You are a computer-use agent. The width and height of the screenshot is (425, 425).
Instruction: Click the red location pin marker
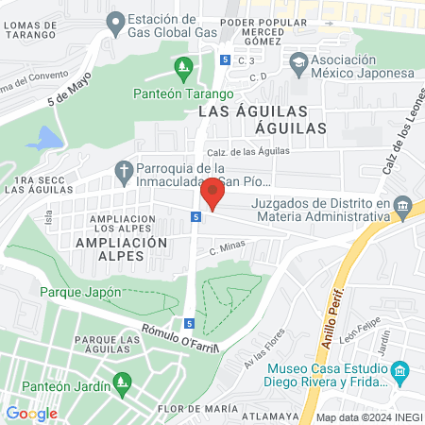point(212,194)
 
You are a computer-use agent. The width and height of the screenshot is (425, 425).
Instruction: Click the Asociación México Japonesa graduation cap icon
point(299,62)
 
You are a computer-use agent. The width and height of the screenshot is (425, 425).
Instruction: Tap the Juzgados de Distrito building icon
point(403,207)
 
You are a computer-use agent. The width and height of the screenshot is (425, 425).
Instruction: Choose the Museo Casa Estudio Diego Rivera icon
point(399,369)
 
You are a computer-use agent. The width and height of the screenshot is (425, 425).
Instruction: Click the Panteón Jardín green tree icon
point(121,382)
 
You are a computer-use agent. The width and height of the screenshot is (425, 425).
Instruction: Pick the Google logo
point(31,413)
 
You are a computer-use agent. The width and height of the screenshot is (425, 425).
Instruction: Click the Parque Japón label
point(80,292)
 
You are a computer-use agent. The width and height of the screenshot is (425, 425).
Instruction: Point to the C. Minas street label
point(227,248)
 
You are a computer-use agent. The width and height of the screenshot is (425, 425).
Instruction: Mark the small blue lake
point(43,140)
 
